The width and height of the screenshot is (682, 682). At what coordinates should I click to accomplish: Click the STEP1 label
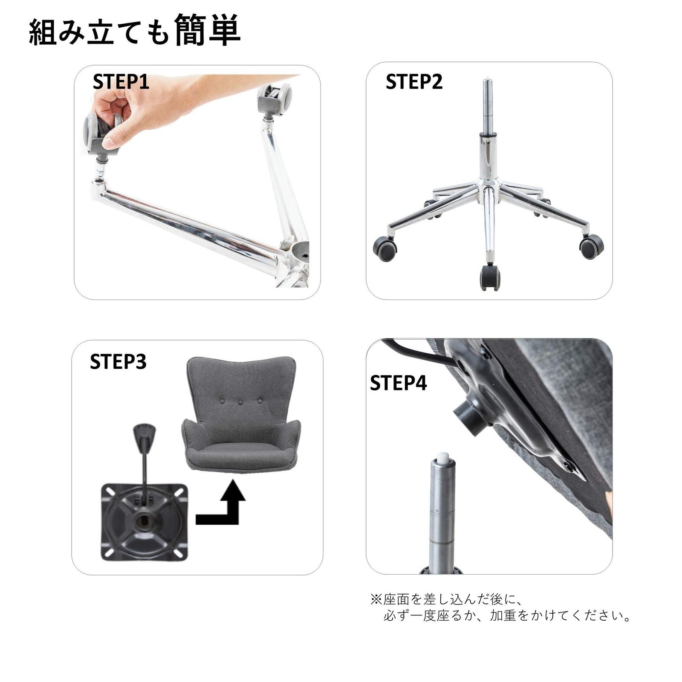click(x=121, y=82)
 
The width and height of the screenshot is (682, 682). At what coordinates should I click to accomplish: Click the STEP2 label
click(x=414, y=82)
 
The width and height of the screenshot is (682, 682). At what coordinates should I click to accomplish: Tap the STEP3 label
click(x=118, y=361)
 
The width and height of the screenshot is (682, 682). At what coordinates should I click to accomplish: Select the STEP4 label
click(x=398, y=383)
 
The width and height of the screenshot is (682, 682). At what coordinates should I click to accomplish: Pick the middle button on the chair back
click(x=240, y=402)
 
